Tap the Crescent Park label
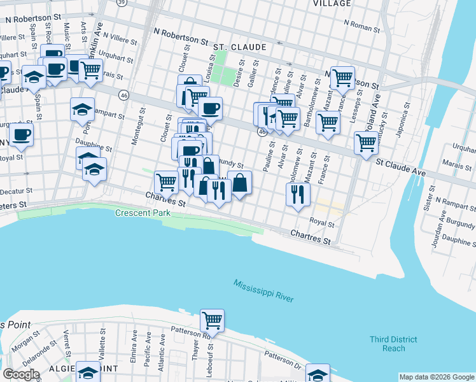tap(143, 213)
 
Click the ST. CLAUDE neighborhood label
tap(240, 47)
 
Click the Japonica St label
tap(403, 125)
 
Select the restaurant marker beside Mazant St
tap(297, 194)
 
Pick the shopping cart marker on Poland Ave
tap(367, 143)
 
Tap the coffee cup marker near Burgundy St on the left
tap(21, 134)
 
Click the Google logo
tap(22, 374)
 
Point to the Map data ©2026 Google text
tap(436, 377)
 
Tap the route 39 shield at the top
tap(122, 3)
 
